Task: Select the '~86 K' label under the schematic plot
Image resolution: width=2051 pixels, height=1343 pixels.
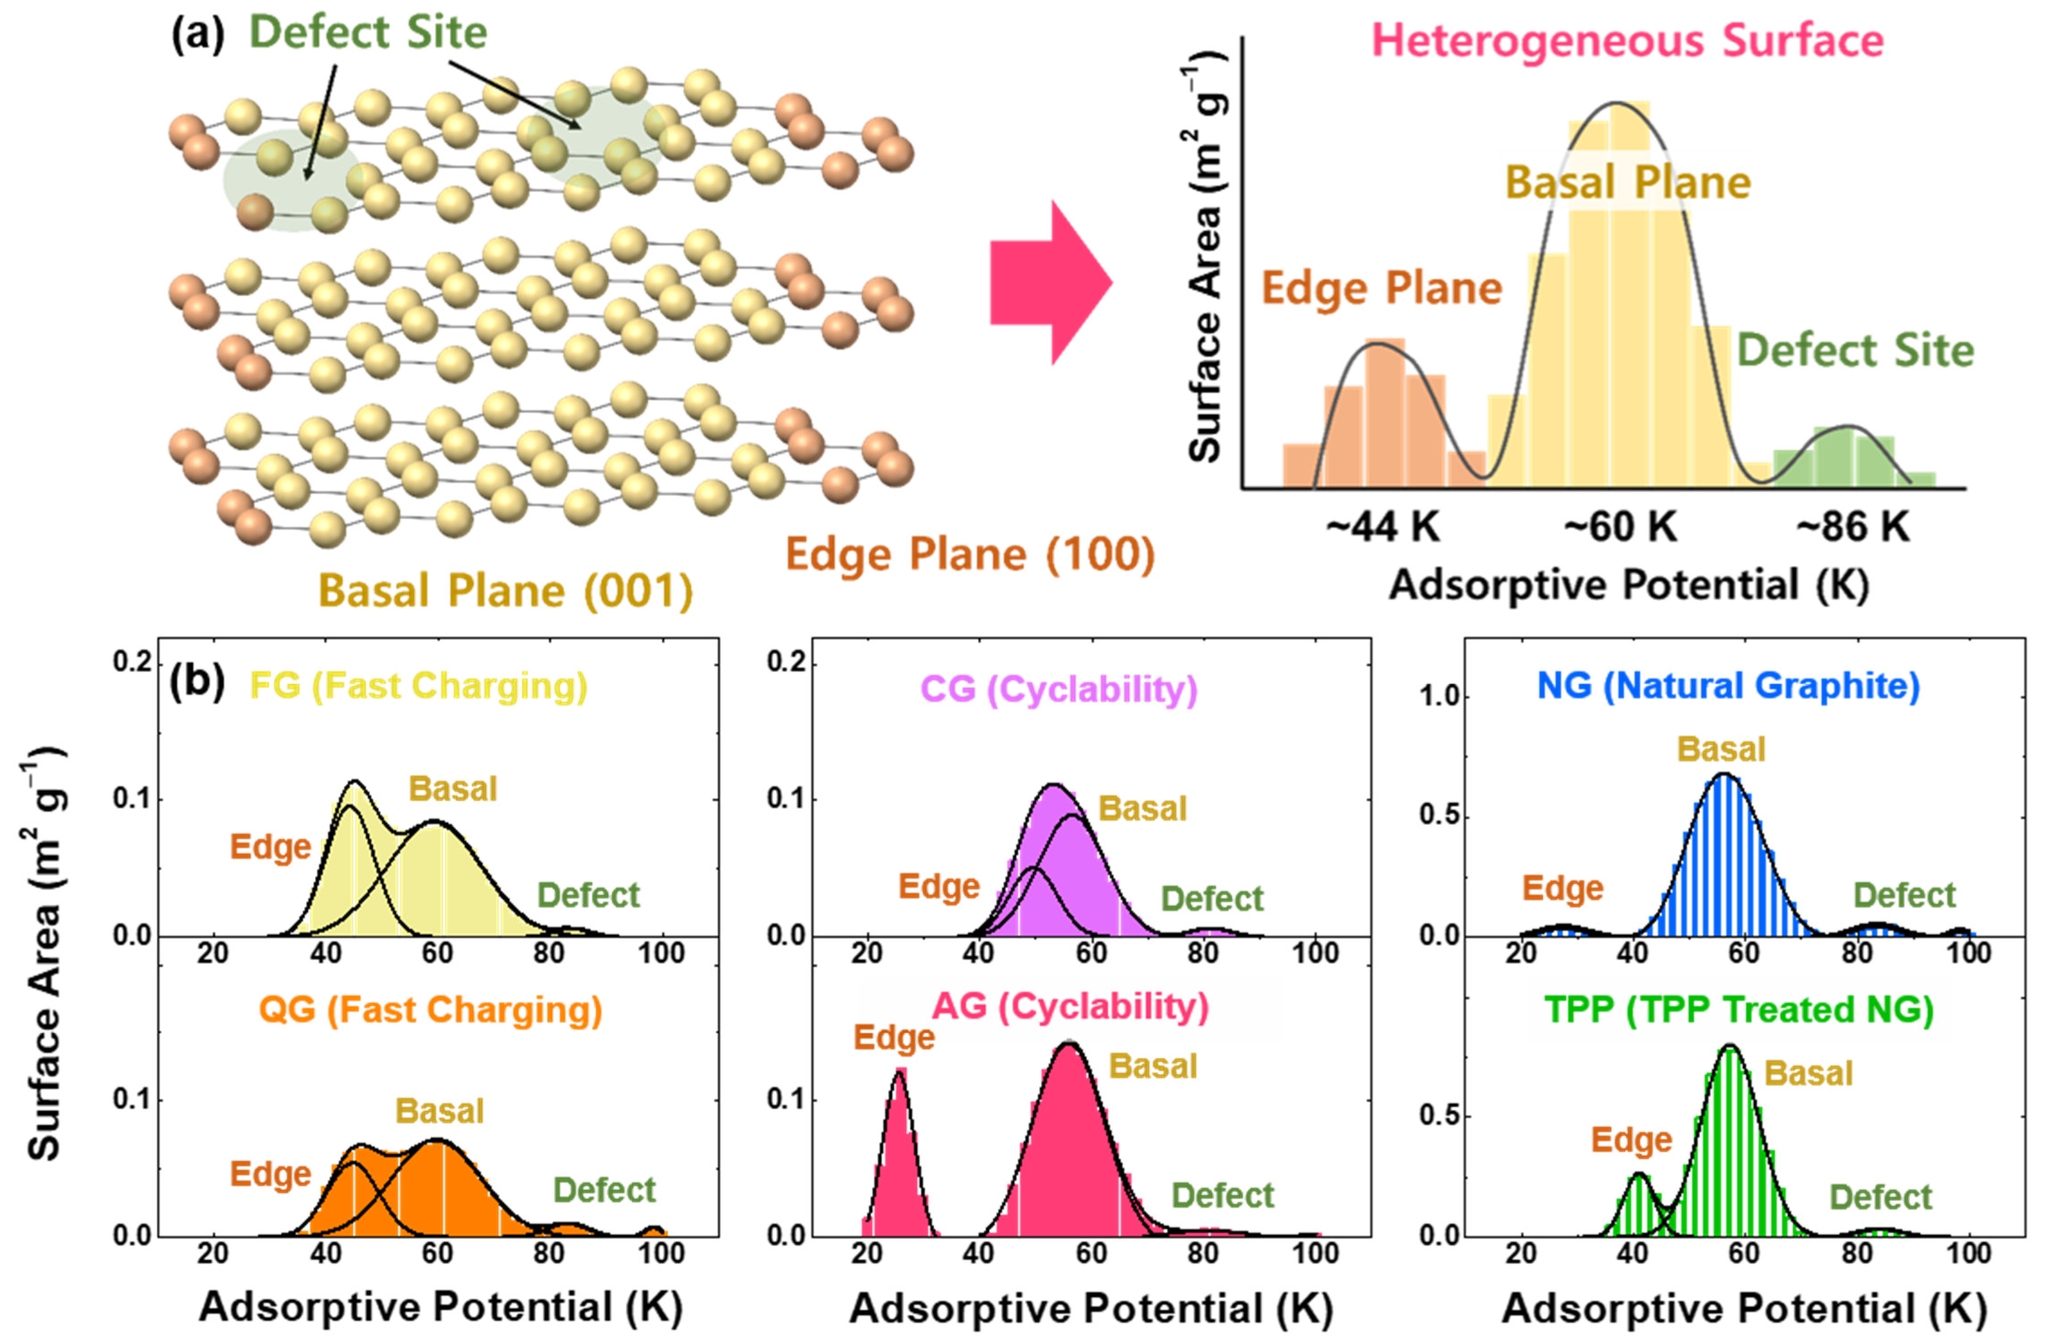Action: coord(1853,526)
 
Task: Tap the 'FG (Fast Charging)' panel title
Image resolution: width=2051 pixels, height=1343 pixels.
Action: coord(418,686)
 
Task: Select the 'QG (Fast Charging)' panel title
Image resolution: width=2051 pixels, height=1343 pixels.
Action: coord(430,1010)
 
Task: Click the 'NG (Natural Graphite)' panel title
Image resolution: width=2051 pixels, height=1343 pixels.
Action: coord(1728,686)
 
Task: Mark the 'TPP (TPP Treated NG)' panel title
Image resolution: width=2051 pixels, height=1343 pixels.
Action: coord(1738,1010)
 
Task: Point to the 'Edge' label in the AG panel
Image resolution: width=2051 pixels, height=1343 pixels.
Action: coord(894,1038)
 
